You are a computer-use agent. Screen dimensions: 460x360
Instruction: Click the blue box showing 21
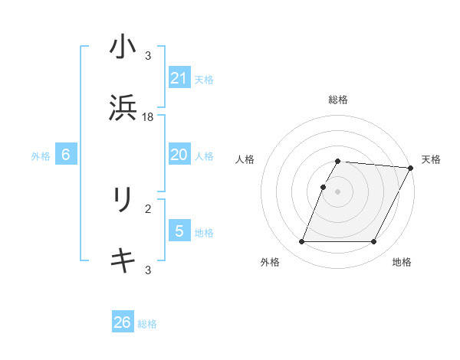(x=179, y=77)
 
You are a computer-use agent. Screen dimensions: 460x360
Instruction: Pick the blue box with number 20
(x=179, y=155)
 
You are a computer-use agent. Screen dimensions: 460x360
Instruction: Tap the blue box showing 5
(x=179, y=231)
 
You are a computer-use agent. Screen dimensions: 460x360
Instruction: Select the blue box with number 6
(x=66, y=155)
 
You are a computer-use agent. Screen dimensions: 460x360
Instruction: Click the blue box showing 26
(x=123, y=322)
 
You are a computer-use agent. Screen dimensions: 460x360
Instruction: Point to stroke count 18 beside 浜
(x=149, y=117)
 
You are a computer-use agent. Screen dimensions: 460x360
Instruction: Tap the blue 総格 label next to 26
(x=147, y=324)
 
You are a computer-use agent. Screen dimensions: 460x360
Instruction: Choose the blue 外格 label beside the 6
(x=41, y=156)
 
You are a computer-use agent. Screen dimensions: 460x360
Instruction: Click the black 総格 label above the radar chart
(x=338, y=100)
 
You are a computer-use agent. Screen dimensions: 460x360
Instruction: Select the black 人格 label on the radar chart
(x=245, y=159)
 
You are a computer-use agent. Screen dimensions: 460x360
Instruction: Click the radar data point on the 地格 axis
(x=373, y=242)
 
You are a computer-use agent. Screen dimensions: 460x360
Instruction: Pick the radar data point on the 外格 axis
(x=301, y=242)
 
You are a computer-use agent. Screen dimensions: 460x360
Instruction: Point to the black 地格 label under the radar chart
(x=402, y=263)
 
